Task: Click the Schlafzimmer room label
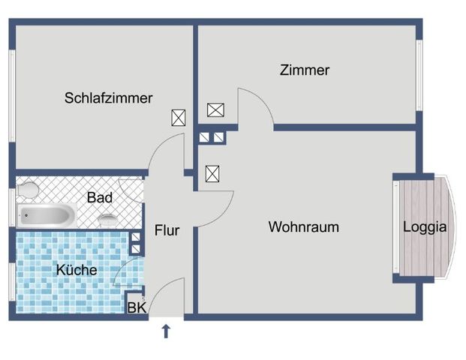tap(108, 97)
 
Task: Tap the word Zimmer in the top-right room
tap(304, 70)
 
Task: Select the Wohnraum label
tap(303, 226)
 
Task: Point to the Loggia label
tap(425, 226)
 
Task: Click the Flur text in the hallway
tap(167, 230)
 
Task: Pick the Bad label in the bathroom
tap(100, 198)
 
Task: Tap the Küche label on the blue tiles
tap(76, 269)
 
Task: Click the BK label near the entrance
tap(136, 307)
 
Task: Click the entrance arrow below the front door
tap(166, 331)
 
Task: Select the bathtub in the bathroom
tap(47, 216)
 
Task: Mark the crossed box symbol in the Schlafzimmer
tap(179, 118)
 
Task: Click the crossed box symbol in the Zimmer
tap(215, 110)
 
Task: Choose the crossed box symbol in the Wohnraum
tap(213, 174)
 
